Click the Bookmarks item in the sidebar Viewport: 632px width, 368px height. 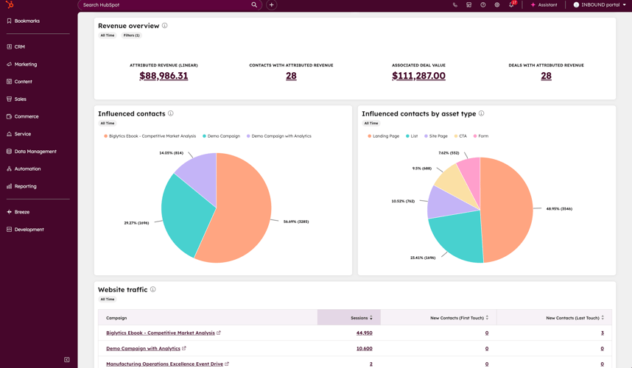pos(27,21)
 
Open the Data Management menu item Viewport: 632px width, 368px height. pos(35,152)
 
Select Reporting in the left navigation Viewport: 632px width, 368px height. pos(25,186)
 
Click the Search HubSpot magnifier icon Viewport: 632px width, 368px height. pos(254,5)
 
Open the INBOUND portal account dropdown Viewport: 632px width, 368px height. pos(600,5)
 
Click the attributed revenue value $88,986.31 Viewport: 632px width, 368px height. pos(164,76)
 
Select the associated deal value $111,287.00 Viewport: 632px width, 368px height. pos(418,76)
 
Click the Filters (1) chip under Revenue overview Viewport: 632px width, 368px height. pos(131,35)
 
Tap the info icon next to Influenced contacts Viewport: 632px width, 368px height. pos(171,113)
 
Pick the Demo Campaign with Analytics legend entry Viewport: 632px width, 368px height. pos(281,136)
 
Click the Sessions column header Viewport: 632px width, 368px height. pos(359,318)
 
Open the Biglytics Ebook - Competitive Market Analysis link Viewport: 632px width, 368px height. pos(160,333)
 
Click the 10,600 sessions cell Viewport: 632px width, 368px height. pos(364,349)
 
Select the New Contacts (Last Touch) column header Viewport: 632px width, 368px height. pos(572,318)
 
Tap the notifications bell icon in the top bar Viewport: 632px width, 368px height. pos(511,5)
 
